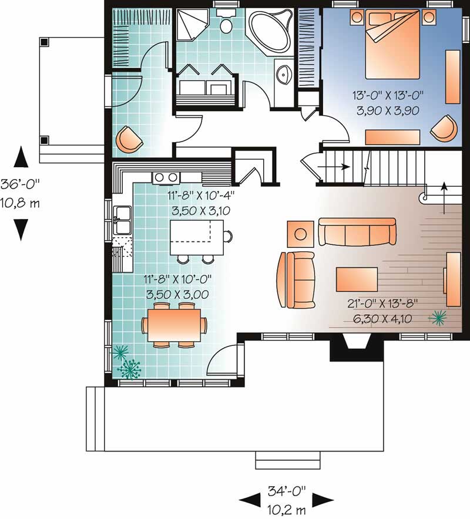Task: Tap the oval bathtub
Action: (270, 32)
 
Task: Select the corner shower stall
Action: (192, 25)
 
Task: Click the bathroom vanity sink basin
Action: (284, 75)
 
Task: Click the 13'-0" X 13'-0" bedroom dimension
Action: (388, 96)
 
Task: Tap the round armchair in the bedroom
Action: (444, 128)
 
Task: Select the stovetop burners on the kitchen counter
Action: (166, 178)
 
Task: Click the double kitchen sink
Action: (122, 220)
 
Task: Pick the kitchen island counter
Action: (197, 237)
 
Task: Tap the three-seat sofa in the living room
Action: (357, 232)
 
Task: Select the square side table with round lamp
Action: (300, 234)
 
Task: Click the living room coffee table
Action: (357, 279)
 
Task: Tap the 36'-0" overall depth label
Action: (20, 184)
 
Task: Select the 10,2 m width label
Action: (286, 510)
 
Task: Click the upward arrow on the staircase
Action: (444, 198)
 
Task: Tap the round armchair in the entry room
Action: (129, 139)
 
